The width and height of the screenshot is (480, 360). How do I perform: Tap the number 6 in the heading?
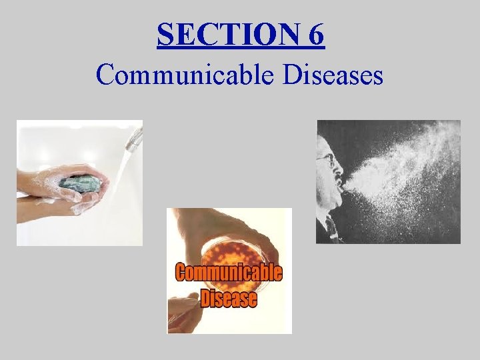pos(316,35)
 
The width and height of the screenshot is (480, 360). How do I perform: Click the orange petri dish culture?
pos(230,250)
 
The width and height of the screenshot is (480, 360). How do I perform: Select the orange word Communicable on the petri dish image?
pos(229,273)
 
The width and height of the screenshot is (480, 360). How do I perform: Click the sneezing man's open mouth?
pos(340,183)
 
